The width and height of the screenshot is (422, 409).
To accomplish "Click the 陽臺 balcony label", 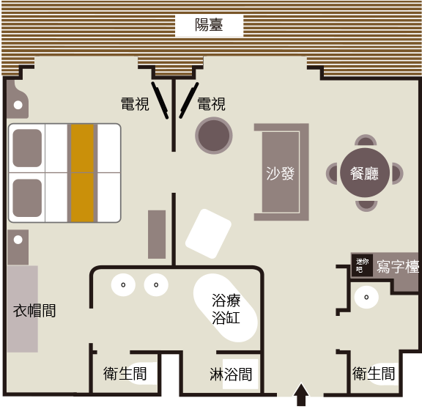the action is [209, 25].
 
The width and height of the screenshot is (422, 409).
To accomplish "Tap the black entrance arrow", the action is [301, 394].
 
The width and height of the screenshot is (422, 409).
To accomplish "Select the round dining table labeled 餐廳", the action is [365, 172].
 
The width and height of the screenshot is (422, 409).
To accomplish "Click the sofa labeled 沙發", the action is [281, 172].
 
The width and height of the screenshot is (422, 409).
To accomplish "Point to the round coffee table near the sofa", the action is [214, 136].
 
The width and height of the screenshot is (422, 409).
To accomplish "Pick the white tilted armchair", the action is [208, 234].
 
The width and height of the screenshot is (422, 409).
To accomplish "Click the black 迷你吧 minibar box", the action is [362, 265].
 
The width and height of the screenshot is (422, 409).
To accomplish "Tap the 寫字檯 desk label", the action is [398, 267].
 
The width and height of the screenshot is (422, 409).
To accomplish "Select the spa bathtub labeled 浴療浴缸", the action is [226, 308].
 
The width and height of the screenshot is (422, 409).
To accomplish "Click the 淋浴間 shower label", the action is [231, 375].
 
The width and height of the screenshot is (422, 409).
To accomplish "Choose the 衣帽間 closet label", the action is [34, 311].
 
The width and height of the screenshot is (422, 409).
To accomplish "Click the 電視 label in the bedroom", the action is [135, 104].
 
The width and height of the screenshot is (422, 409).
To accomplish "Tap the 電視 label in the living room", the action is [212, 104].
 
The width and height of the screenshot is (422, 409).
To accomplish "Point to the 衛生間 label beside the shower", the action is [125, 374].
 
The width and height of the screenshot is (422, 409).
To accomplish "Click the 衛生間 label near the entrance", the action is [374, 374].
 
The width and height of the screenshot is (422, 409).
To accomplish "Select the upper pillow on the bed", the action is [27, 148].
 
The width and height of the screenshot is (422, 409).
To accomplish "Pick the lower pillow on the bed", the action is [27, 198].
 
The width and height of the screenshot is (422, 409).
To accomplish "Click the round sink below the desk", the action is [366, 298].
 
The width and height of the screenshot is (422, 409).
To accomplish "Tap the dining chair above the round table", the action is [366, 140].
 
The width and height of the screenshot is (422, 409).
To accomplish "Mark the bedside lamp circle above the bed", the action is [18, 105].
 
